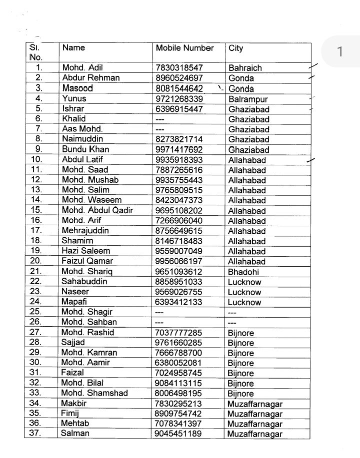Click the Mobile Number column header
tap(184, 48)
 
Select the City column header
tap(236, 48)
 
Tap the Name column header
tap(73, 48)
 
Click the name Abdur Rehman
tap(90, 78)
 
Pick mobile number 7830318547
tap(179, 67)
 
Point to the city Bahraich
tap(245, 68)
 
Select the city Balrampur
tap(248, 99)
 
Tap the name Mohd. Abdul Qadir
tap(97, 210)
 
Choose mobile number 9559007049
tap(179, 251)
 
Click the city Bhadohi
tap(244, 272)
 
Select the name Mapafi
tap(75, 302)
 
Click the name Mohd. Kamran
tap(89, 353)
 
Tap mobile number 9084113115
tap(178, 383)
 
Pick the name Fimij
tap(70, 414)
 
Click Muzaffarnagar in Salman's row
tap(254, 435)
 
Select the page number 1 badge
tap(340, 51)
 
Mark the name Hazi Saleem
tap(86, 251)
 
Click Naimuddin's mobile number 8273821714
tap(179, 139)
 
